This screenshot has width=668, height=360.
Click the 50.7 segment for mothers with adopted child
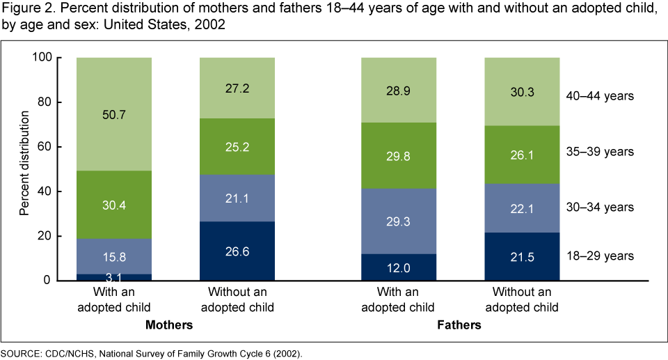pos(113,115)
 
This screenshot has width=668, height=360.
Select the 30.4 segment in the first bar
pos(113,205)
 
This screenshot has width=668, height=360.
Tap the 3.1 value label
pos(113,277)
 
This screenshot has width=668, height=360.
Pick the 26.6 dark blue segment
pos(237,251)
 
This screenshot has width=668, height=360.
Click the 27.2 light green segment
pos(237,88)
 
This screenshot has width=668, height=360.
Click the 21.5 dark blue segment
pos(522,256)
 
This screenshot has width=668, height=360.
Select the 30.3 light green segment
pos(522,91)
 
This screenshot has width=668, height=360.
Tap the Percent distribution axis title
pos(24,169)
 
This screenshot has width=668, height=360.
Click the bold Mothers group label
pos(169,325)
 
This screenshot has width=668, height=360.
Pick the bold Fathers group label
pos(459,325)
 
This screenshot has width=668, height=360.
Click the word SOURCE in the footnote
pos(19,353)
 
